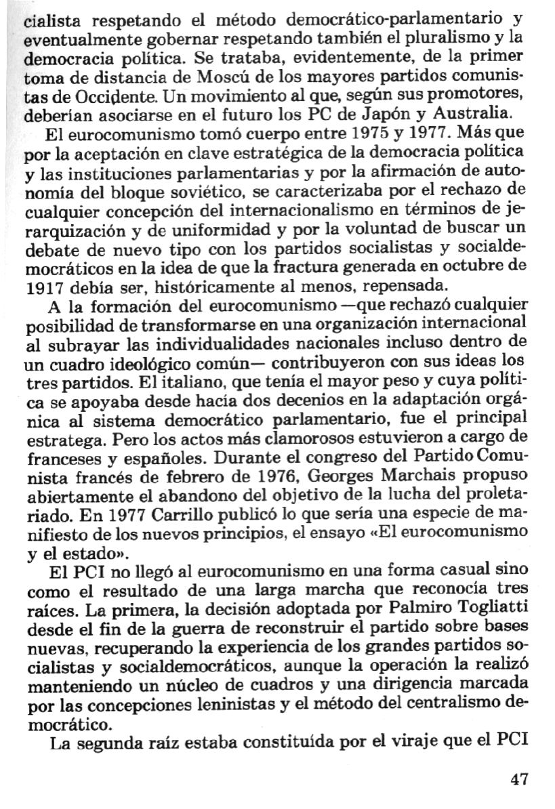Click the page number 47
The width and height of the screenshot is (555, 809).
pyautogui.click(x=518, y=779)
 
